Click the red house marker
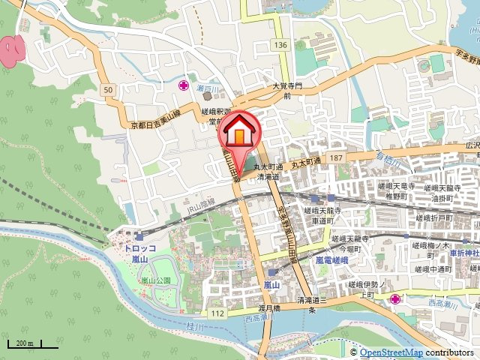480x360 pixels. click(239, 130)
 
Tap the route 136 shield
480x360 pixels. click(280, 46)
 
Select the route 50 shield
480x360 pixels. click(109, 90)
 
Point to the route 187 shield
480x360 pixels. click(334, 157)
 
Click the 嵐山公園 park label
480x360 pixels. click(156, 280)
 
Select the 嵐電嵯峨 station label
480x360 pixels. click(329, 259)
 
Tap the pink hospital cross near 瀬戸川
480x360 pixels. click(183, 85)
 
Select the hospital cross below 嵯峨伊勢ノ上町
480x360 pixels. click(395, 299)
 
